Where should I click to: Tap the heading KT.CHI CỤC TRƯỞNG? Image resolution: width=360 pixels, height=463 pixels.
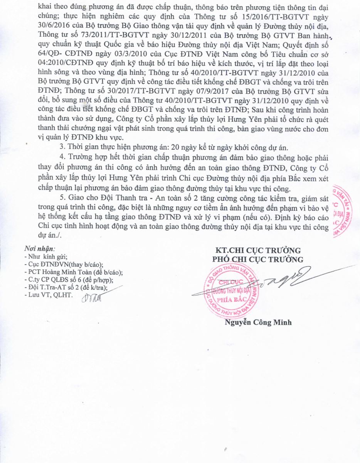tap(258, 250)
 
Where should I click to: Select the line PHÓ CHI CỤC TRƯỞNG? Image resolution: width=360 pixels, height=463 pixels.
tap(258, 259)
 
